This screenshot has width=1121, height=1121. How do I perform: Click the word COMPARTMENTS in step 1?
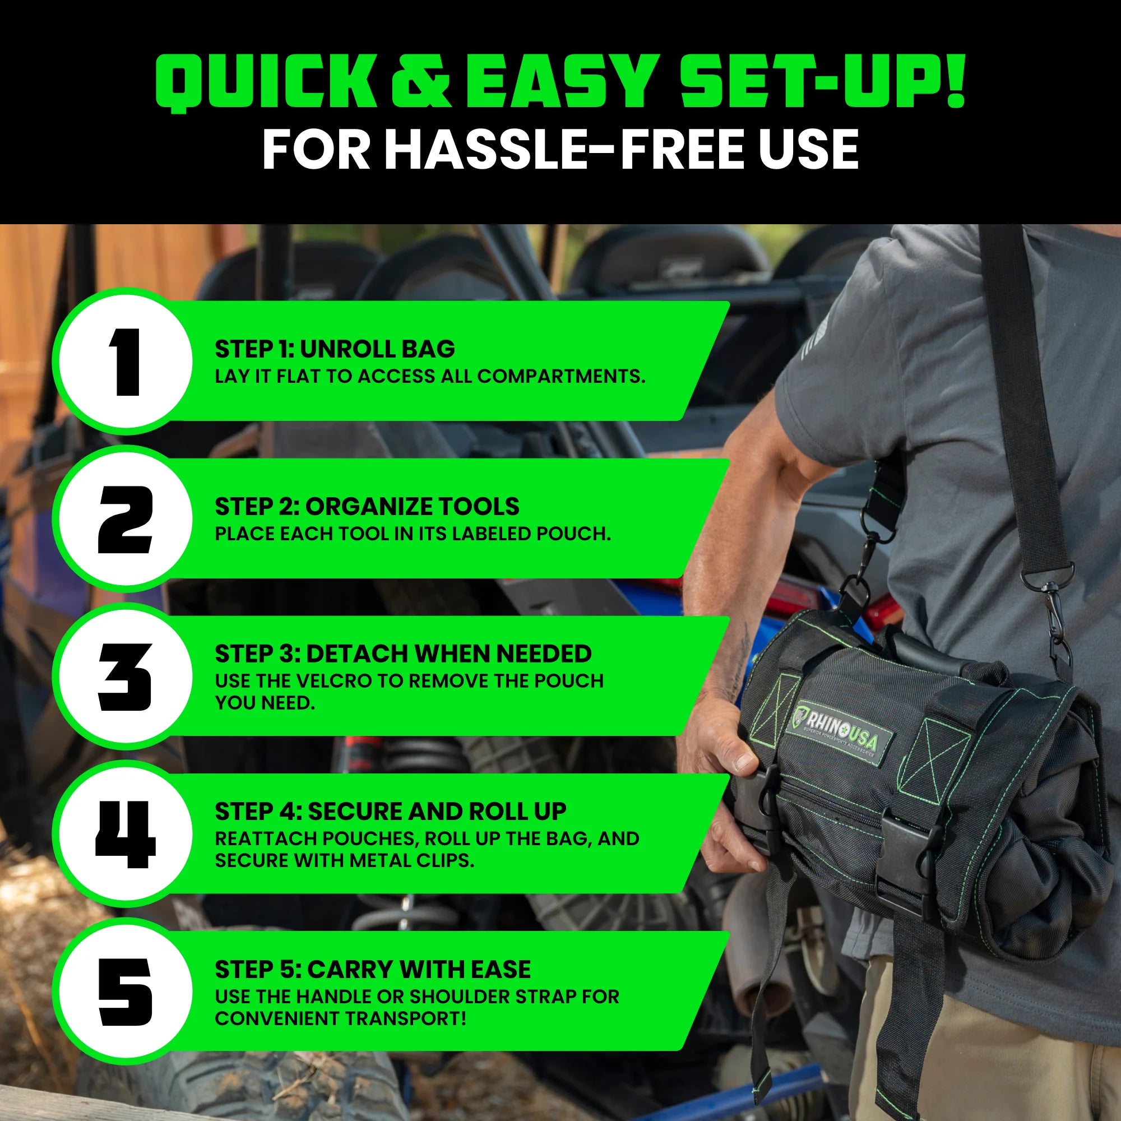click(560, 376)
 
